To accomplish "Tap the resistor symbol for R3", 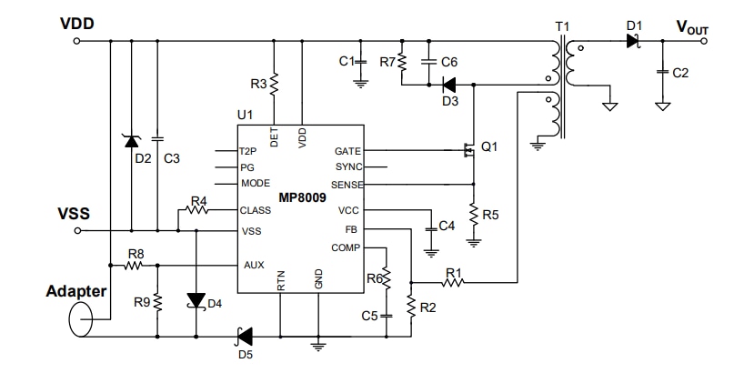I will pos(275,84).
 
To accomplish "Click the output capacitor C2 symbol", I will pos(664,70).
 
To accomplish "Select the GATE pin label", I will pos(347,150).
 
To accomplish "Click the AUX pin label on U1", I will pos(254,266).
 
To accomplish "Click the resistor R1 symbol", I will pos(452,282).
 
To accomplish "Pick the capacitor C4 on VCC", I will pos(429,226).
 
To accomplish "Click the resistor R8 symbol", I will pos(136,266).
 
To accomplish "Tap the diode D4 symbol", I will pos(196,299).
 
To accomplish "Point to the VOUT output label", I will pos(691,27).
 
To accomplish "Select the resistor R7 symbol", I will pos(401,62).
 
